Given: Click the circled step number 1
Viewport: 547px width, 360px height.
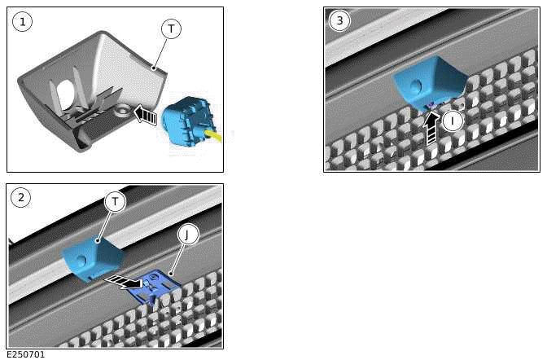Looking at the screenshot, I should [x=23, y=21].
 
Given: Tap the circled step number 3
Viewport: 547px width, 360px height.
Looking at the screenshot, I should [x=339, y=21].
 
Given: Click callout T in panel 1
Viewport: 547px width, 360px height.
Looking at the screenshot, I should [x=170, y=29].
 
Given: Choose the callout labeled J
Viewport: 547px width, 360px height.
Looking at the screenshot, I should [x=187, y=235].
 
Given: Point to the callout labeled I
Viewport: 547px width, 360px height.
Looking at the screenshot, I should [x=453, y=121].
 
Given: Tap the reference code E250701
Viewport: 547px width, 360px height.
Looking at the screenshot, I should [x=26, y=354].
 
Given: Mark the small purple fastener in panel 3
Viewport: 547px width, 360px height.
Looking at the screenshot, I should [x=431, y=106].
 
